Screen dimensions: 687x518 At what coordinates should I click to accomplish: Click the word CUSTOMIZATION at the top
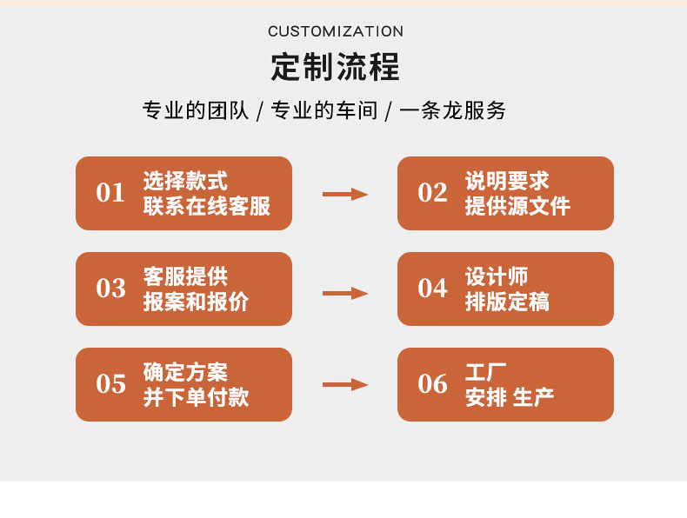coord(336,31)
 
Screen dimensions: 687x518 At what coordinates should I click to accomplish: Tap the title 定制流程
coord(336,67)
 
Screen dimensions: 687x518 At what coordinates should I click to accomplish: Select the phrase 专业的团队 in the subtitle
coord(196,110)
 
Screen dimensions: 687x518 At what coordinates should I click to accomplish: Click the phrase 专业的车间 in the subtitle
coord(324,110)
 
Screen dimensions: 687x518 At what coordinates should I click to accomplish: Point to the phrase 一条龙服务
coord(452,110)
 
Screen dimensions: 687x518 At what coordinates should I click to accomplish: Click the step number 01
coord(111,193)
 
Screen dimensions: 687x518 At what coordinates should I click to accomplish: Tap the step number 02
coord(432,193)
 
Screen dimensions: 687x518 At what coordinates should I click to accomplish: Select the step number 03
coord(111,289)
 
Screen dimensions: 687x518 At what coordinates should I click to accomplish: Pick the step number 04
coord(432,289)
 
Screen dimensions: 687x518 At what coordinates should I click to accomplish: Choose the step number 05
coord(111,384)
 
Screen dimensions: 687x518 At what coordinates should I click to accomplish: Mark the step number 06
coord(432,384)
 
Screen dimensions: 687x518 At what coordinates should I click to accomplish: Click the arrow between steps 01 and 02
coord(345,194)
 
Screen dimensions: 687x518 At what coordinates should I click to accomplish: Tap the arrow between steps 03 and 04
coord(345,293)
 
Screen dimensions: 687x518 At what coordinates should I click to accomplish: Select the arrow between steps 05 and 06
coord(345,384)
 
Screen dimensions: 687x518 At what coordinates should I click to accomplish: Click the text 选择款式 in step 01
coord(185,181)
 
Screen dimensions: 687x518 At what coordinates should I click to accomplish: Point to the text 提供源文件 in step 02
coord(517,206)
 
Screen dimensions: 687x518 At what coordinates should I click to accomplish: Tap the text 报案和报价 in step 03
coord(196,302)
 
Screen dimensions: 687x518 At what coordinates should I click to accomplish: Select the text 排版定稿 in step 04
coord(507,302)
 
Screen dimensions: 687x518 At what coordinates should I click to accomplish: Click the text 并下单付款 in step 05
coord(196,397)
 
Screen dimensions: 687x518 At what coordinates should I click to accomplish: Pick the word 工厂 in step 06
coord(485,372)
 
